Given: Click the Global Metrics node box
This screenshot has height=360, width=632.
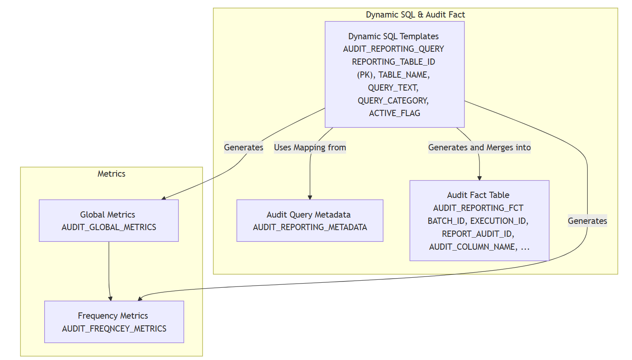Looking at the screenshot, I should pyautogui.click(x=109, y=221).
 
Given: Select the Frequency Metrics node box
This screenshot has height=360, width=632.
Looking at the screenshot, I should pyautogui.click(x=114, y=322).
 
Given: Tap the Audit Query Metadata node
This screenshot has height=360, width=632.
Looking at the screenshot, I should pyautogui.click(x=310, y=221).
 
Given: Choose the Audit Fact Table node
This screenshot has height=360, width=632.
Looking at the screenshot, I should pyautogui.click(x=479, y=221).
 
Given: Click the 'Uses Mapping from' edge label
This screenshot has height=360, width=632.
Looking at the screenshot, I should pyautogui.click(x=310, y=147).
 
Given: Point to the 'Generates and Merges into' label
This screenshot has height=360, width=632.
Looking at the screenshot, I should pyautogui.click(x=479, y=147).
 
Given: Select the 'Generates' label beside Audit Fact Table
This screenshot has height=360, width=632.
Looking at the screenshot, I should pyautogui.click(x=587, y=221).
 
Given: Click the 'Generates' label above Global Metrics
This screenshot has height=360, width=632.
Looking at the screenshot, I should pyautogui.click(x=244, y=147).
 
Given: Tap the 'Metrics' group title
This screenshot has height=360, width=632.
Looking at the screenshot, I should pyautogui.click(x=111, y=174).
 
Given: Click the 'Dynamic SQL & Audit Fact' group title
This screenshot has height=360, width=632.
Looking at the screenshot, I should pyautogui.click(x=415, y=15).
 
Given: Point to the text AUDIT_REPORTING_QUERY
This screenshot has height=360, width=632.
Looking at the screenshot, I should pyautogui.click(x=393, y=49).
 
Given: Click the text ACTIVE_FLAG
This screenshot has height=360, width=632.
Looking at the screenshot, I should pyautogui.click(x=394, y=113).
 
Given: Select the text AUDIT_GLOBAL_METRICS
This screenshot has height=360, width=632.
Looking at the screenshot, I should pyautogui.click(x=109, y=227).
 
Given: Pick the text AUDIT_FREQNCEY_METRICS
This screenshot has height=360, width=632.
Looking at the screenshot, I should pyautogui.click(x=114, y=329).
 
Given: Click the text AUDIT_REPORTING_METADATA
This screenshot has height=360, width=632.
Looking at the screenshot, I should pyautogui.click(x=310, y=227).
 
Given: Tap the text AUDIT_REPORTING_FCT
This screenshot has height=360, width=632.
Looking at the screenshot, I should pyautogui.click(x=478, y=208).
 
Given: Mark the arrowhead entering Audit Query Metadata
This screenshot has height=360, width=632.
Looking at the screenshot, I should pyautogui.click(x=310, y=197).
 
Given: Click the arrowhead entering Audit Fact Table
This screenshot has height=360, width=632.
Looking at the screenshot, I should pyautogui.click(x=479, y=178).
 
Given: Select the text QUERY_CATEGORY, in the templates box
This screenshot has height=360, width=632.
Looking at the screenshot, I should pyautogui.click(x=393, y=101).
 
